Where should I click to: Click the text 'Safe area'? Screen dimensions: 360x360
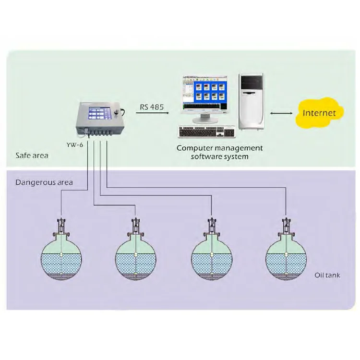(x=32, y=156)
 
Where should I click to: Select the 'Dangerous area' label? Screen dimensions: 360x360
(x=44, y=182)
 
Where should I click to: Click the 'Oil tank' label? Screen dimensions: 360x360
(x=327, y=275)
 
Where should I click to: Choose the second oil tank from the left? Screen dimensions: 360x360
(x=136, y=258)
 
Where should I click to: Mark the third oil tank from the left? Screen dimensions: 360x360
(x=211, y=258)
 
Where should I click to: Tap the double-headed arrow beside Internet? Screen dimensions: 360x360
(x=281, y=114)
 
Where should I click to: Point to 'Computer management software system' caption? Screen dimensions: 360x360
(x=220, y=152)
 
